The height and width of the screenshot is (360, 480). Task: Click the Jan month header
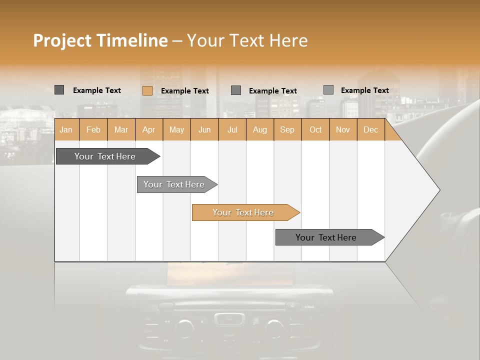point(66,129)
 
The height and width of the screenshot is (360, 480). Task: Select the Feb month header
point(93,129)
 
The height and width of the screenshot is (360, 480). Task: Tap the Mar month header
point(121,129)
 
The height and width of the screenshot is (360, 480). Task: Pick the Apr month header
point(149,129)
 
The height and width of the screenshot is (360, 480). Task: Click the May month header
point(176,129)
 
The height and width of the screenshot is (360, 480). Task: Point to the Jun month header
point(204,129)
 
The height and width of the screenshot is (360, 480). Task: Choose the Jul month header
point(232,129)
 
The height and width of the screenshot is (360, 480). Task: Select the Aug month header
point(260,129)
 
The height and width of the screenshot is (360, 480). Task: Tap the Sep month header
point(287,129)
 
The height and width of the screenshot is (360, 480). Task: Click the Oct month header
point(315,129)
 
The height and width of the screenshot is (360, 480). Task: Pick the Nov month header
point(343,129)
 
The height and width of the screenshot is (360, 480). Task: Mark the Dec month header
point(370,129)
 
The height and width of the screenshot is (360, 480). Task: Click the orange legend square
point(147,90)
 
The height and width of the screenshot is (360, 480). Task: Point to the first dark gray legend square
point(59,90)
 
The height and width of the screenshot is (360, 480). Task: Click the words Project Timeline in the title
point(100,40)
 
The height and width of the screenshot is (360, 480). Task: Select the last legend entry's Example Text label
point(364,90)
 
